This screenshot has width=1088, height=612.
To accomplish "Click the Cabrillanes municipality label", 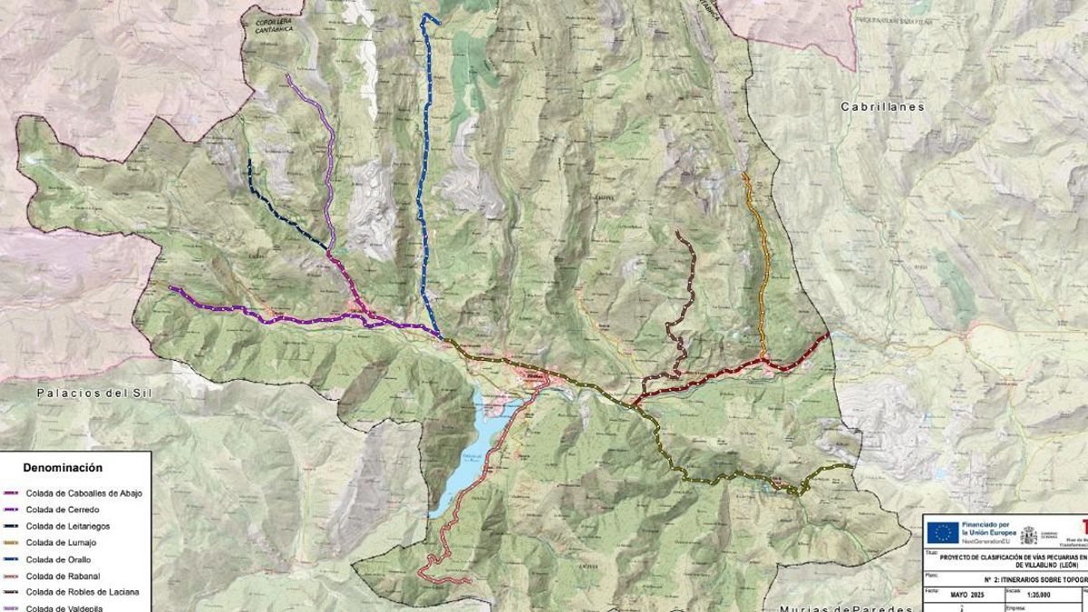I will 882,107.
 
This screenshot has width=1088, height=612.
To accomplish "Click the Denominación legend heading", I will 63,468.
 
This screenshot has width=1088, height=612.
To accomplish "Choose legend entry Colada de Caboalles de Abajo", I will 83,493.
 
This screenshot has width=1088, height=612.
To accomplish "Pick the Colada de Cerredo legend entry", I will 63,510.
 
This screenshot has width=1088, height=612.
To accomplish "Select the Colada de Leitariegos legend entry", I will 69,526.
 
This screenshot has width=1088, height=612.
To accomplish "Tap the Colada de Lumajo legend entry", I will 61,542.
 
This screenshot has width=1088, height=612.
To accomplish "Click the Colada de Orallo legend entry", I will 59,559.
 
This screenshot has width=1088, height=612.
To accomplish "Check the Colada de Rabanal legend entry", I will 63,576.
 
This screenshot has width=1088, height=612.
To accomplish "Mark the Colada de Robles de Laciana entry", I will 83,592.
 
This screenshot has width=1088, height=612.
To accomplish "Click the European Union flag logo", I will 942,533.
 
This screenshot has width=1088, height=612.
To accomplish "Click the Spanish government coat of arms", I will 1028,535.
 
